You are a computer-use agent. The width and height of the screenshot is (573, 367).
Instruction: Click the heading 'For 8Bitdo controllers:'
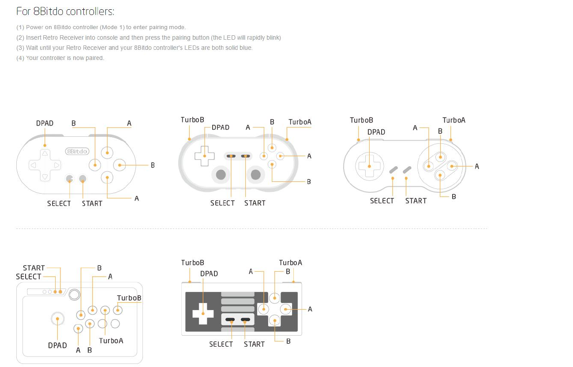point(65,11)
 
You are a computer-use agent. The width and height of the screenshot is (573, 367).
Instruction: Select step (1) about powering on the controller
point(101,27)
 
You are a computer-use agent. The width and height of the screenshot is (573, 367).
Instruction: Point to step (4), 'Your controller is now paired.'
point(60,58)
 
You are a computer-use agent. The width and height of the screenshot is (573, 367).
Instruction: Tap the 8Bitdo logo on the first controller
point(77,151)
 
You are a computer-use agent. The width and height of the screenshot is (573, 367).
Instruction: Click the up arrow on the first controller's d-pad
point(45,154)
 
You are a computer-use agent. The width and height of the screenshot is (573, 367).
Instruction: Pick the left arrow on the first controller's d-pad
point(33,165)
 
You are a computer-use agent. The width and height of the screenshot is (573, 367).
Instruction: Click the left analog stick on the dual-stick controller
point(221,175)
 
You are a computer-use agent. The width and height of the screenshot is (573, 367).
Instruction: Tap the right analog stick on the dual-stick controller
point(255,175)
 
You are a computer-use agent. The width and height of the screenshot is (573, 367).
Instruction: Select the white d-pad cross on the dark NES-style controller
point(203,314)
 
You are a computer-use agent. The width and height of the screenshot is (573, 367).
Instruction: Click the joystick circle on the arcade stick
point(57,319)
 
